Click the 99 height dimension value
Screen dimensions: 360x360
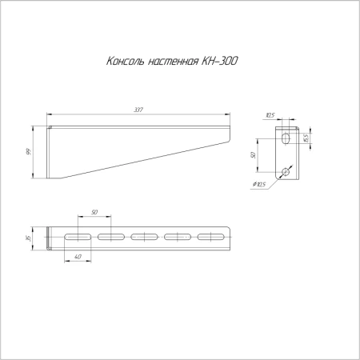[29, 152]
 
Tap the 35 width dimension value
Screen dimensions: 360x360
[29, 240]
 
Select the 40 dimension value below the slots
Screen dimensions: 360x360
[77, 256]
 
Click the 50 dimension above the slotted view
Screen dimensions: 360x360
[94, 212]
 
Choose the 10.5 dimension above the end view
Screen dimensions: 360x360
[271, 115]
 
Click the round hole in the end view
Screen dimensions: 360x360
[286, 170]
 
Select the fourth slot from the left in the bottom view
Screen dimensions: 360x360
[178, 238]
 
